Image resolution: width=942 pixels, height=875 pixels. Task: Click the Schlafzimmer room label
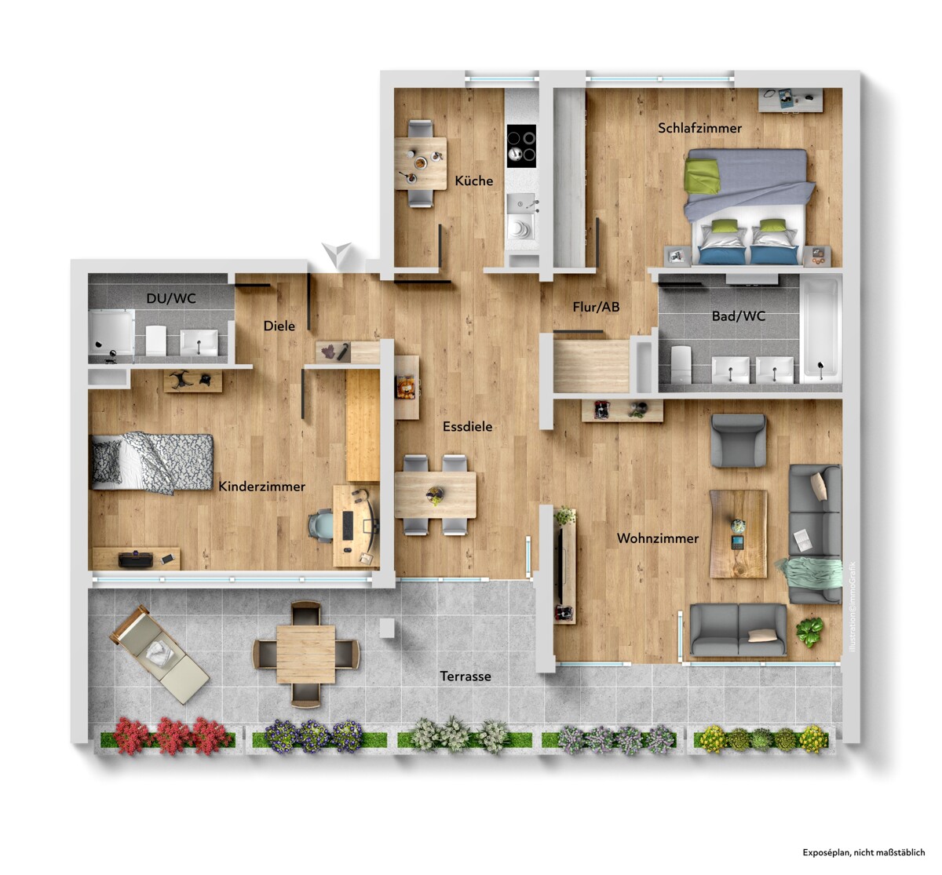(699, 128)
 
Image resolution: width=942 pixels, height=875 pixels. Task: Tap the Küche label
(474, 180)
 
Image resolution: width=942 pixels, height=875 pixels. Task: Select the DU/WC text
(171, 298)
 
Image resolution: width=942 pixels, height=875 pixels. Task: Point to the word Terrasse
(466, 676)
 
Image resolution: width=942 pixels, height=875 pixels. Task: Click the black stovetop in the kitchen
(521, 146)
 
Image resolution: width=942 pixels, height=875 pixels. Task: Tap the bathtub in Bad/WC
(820, 329)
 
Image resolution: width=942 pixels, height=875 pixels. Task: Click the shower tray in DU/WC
(111, 332)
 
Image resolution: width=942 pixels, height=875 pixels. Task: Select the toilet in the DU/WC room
(155, 340)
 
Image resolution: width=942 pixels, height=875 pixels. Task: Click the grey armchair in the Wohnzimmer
(738, 440)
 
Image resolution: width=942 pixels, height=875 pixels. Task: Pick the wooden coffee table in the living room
(738, 534)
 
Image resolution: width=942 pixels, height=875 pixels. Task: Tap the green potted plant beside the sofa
(809, 633)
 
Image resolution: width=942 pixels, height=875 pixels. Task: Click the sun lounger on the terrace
(159, 654)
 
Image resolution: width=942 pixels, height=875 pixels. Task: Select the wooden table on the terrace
(306, 654)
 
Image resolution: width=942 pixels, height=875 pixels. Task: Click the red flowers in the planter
(172, 736)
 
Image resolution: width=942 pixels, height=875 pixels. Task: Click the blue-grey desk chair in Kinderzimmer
(321, 525)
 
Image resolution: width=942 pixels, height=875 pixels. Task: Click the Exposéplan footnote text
(863, 852)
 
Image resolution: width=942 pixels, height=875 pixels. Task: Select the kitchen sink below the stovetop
(521, 217)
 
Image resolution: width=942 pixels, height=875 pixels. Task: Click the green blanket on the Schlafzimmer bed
(703, 177)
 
